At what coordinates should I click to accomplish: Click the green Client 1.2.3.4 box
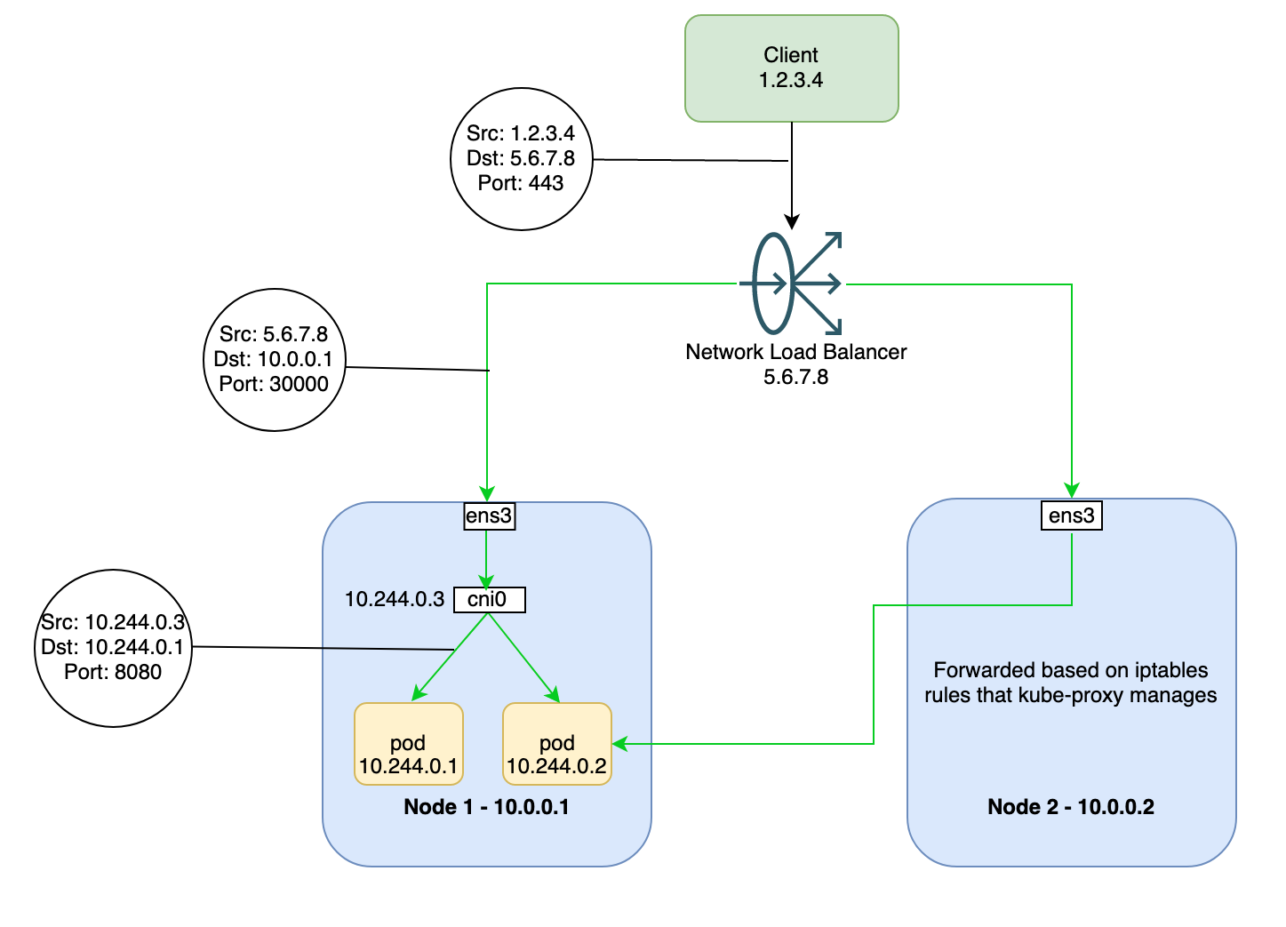click(791, 68)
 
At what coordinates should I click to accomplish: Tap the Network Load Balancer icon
click(794, 284)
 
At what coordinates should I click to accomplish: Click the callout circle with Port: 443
click(521, 159)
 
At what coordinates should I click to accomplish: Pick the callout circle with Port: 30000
click(274, 360)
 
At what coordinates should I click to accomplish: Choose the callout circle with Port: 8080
click(113, 648)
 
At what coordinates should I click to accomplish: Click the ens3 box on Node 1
click(489, 516)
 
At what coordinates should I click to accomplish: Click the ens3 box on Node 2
click(1071, 516)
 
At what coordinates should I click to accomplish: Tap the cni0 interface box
click(489, 600)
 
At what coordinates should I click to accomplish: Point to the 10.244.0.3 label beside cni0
click(394, 600)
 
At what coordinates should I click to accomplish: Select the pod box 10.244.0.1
click(409, 744)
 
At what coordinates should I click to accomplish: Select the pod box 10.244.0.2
click(557, 744)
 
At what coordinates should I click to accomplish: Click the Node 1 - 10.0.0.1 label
click(486, 807)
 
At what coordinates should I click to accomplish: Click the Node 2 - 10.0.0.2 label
click(1071, 807)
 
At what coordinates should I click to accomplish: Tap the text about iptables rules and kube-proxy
click(1071, 683)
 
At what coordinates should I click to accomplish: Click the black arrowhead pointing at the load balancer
click(792, 221)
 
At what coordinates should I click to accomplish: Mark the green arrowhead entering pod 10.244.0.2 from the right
click(620, 743)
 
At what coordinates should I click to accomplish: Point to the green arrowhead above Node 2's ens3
click(1072, 490)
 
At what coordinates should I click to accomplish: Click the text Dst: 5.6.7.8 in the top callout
click(521, 159)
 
